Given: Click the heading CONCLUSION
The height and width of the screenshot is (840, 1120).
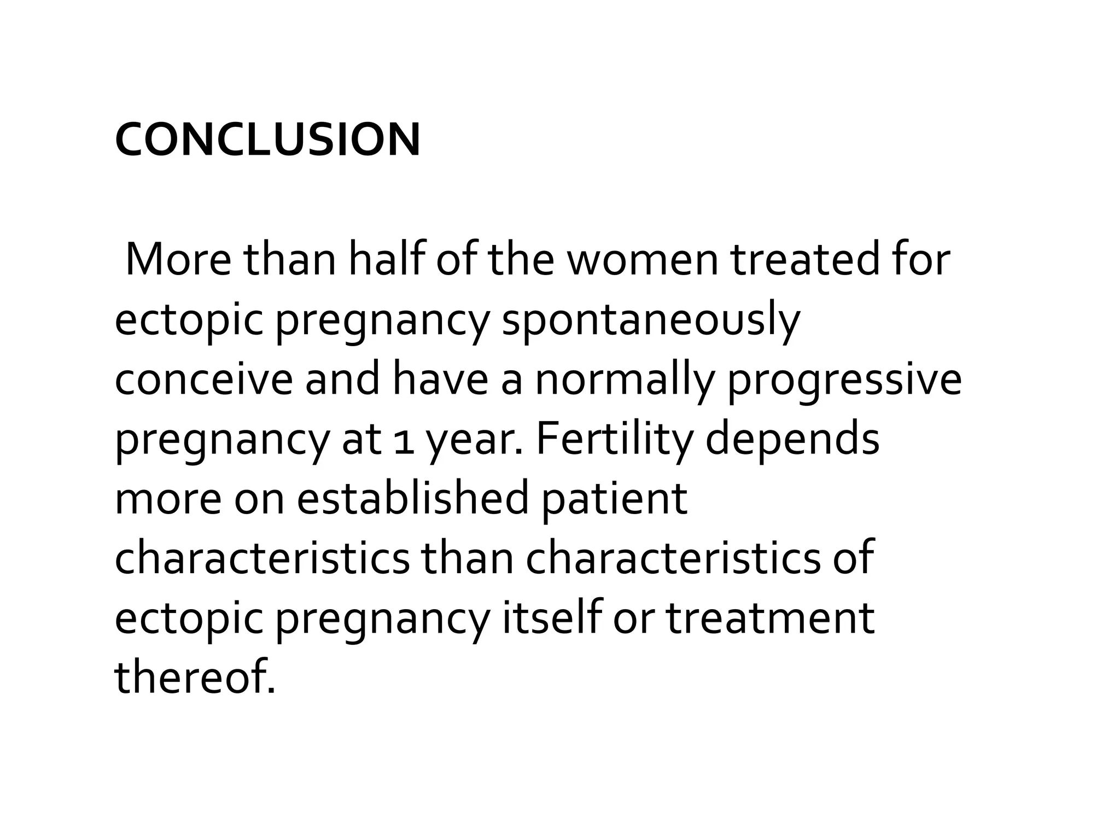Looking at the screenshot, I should point(267,139).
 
